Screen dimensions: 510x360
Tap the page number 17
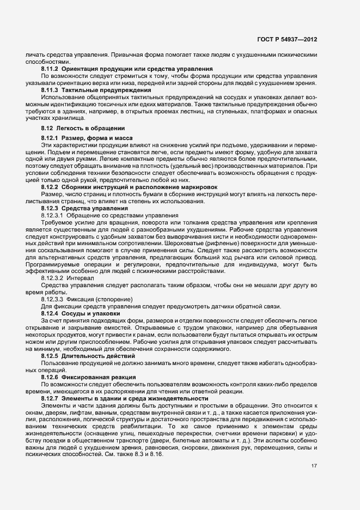314,466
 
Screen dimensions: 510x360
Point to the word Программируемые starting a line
53,264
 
